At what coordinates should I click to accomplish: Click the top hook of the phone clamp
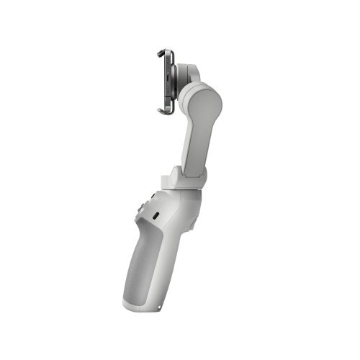[x=163, y=52]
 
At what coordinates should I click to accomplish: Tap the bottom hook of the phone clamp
[x=163, y=110]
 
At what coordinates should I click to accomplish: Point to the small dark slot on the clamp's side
[x=168, y=76]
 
